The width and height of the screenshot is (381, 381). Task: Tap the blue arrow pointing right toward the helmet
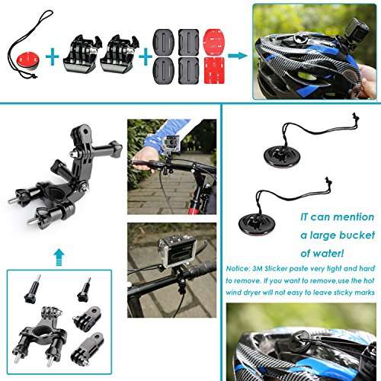(238, 56)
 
